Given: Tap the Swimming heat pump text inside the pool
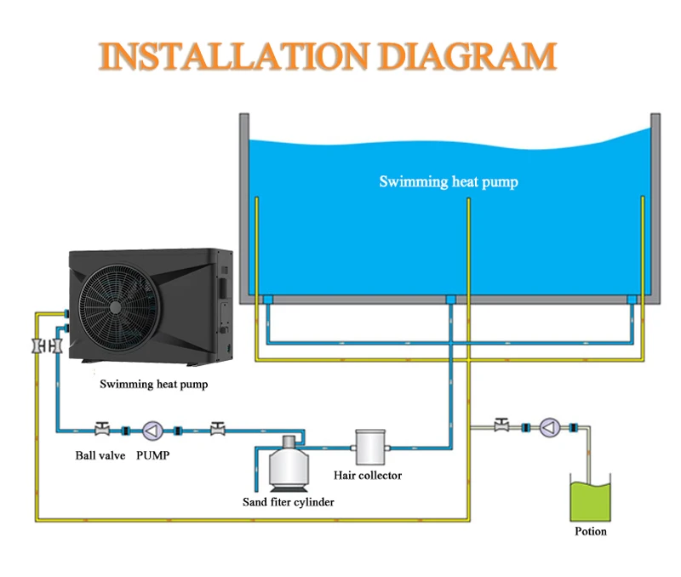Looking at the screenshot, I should pyautogui.click(x=448, y=181).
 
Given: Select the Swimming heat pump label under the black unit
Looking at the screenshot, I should pyautogui.click(x=153, y=384).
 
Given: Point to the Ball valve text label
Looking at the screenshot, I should pyautogui.click(x=100, y=455).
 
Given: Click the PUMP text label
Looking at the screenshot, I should pyautogui.click(x=153, y=455).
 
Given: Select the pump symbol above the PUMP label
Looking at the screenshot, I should pyautogui.click(x=152, y=429).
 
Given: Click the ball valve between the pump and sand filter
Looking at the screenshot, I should pyautogui.click(x=218, y=428).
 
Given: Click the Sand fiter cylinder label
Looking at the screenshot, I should pyautogui.click(x=289, y=502).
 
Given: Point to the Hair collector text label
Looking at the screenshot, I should pyautogui.click(x=369, y=475).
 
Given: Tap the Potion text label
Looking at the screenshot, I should pyautogui.click(x=590, y=531).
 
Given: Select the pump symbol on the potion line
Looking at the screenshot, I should pyautogui.click(x=549, y=426).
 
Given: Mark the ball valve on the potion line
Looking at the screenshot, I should pyautogui.click(x=502, y=424).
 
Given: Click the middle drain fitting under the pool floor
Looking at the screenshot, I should pyautogui.click(x=450, y=300).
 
